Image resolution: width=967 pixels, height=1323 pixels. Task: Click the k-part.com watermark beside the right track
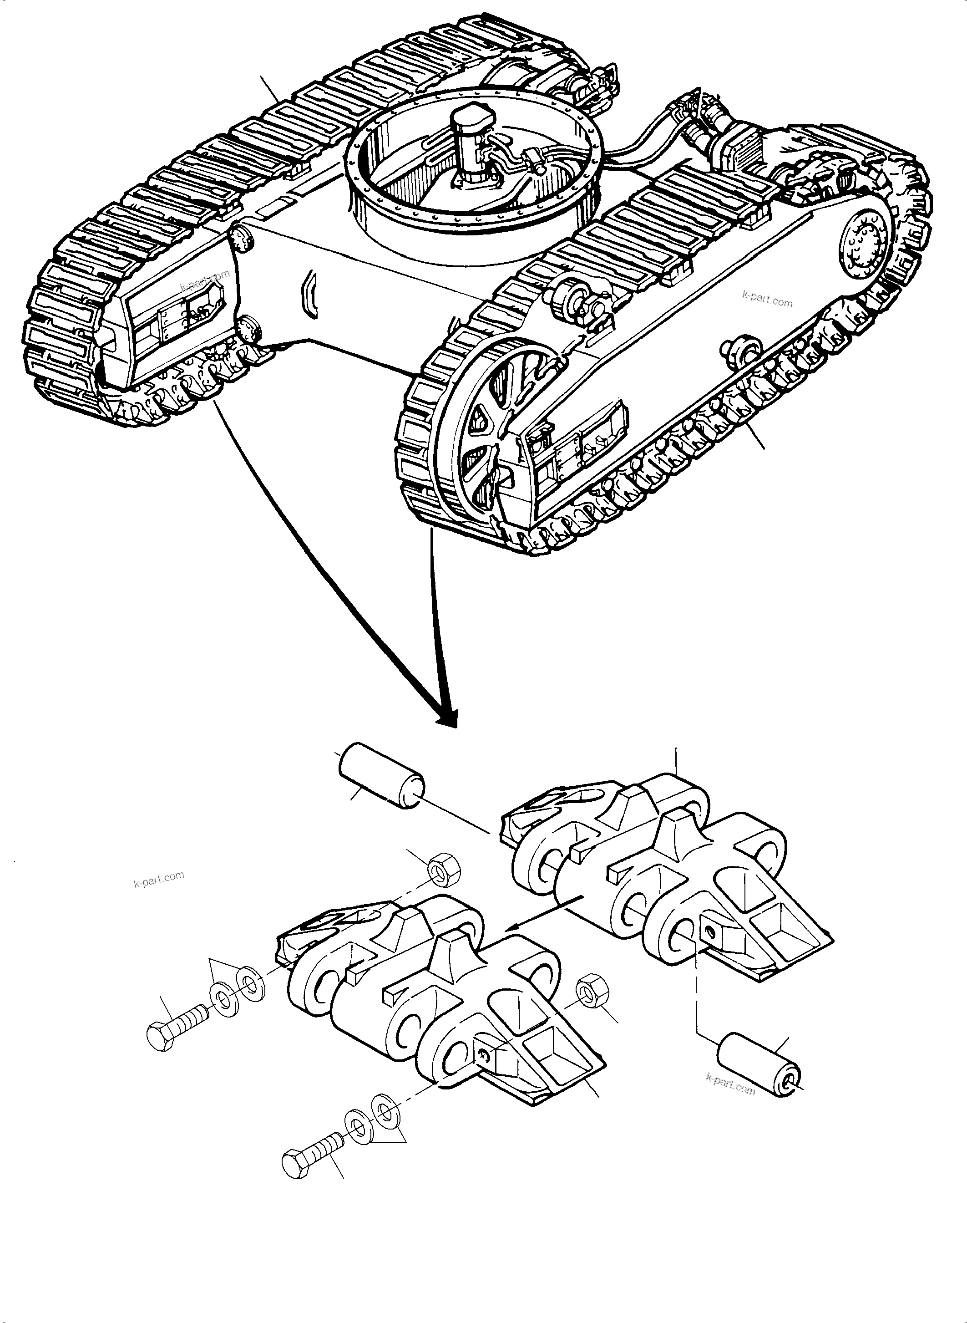point(767,300)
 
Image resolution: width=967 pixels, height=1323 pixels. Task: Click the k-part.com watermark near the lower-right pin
point(730,1084)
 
